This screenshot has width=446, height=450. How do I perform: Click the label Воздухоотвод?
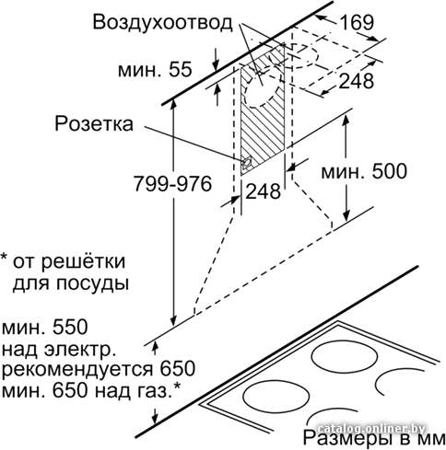coord(162,22)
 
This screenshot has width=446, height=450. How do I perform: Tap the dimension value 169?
coord(357,22)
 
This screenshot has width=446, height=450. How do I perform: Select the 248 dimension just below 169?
coord(357,81)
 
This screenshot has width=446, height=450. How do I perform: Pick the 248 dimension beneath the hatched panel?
coord(264,191)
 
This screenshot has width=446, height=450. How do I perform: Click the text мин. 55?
coord(155,70)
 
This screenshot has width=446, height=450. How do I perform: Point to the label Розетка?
coord(94,124)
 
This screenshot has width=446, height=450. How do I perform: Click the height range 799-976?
coord(173,184)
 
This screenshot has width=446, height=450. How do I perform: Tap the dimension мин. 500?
coord(364,171)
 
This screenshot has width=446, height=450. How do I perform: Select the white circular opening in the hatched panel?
coord(261,91)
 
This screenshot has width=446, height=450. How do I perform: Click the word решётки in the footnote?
coord(84,261)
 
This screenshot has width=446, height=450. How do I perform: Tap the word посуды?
coord(92,283)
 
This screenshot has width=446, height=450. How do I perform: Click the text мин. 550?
coord(45,327)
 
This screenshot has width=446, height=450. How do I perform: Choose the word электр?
coord(80,350)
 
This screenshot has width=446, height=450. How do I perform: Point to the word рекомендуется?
coord(77,369)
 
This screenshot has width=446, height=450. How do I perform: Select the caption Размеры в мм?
coord(374,437)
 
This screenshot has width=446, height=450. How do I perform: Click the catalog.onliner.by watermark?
coord(370,429)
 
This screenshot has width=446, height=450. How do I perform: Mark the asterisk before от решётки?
coord(5,257)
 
